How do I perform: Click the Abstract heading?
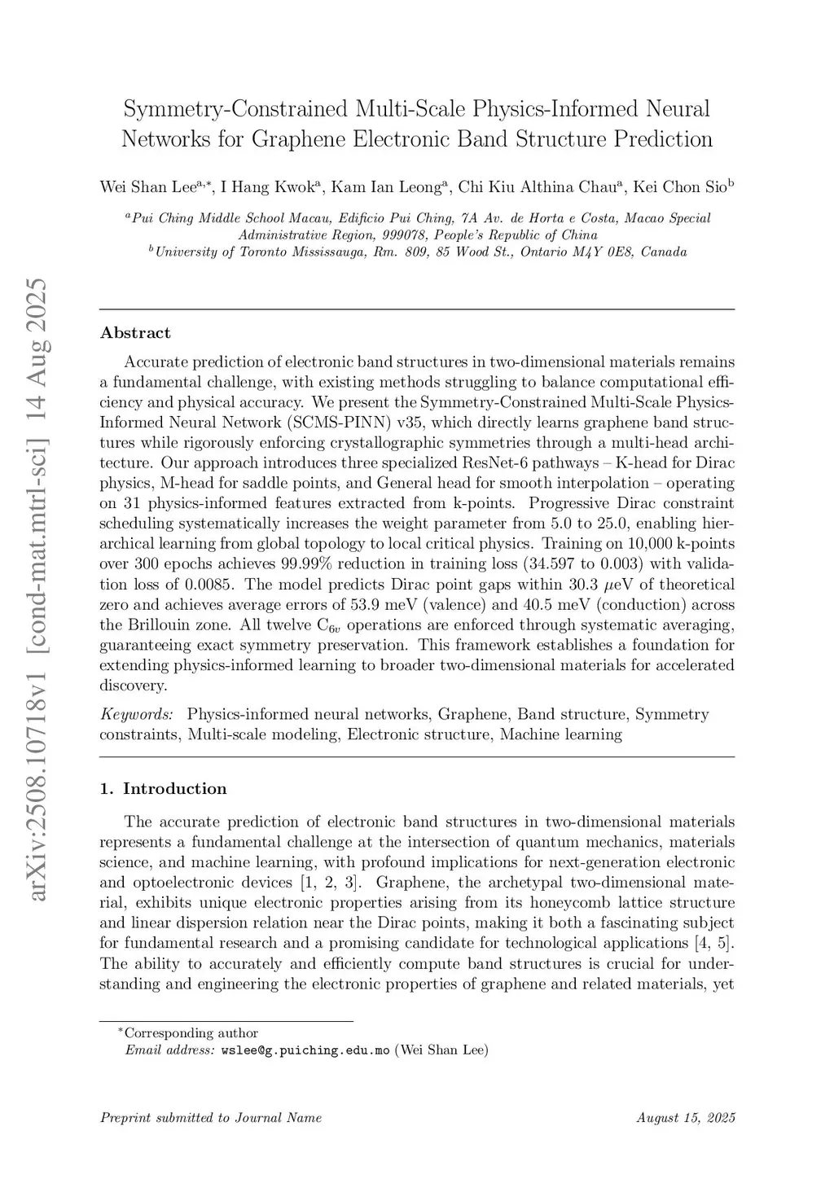point(135,333)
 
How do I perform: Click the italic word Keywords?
point(136,715)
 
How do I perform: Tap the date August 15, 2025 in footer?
point(686,1118)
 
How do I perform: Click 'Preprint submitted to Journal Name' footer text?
point(211,1118)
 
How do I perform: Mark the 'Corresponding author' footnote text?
point(191,1033)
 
